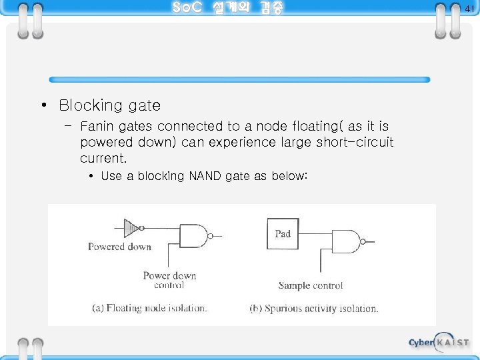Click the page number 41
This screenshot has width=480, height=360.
coord(469,9)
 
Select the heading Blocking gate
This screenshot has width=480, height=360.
coord(109,105)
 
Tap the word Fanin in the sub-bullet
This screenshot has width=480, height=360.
coord(96,126)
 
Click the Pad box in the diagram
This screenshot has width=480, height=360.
coord(283,234)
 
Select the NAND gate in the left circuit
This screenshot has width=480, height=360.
coord(195,235)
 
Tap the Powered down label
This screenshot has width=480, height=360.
coord(119,247)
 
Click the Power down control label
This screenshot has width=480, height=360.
coord(169,280)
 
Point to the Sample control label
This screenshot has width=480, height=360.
coord(311,285)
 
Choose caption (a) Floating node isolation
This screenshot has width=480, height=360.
coord(149,308)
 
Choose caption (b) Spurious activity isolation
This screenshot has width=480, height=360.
coord(313,309)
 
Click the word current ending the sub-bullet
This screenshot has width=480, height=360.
coord(102,158)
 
